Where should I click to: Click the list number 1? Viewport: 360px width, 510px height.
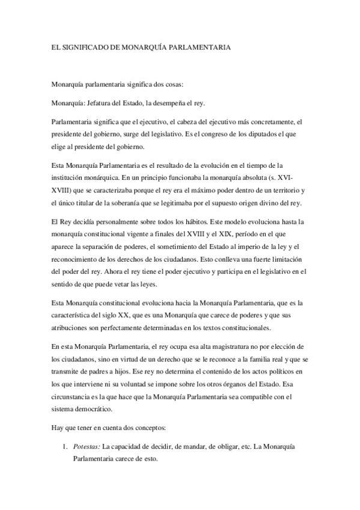point(63,448)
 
